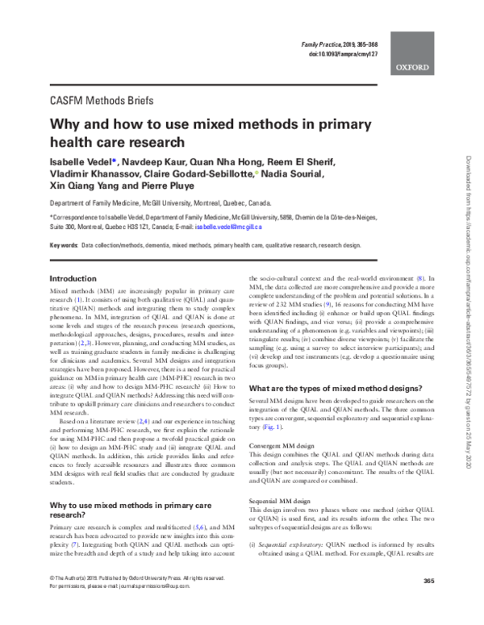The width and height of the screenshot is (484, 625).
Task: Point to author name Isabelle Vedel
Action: click(83, 164)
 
